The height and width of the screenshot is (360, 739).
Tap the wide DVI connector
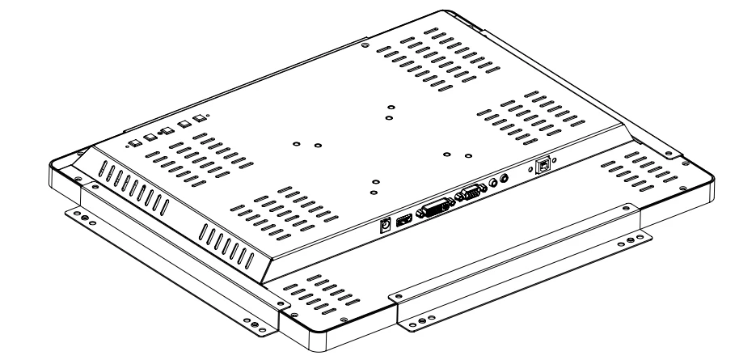pos(434,207)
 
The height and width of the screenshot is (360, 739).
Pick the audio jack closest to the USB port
pos(506,176)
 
